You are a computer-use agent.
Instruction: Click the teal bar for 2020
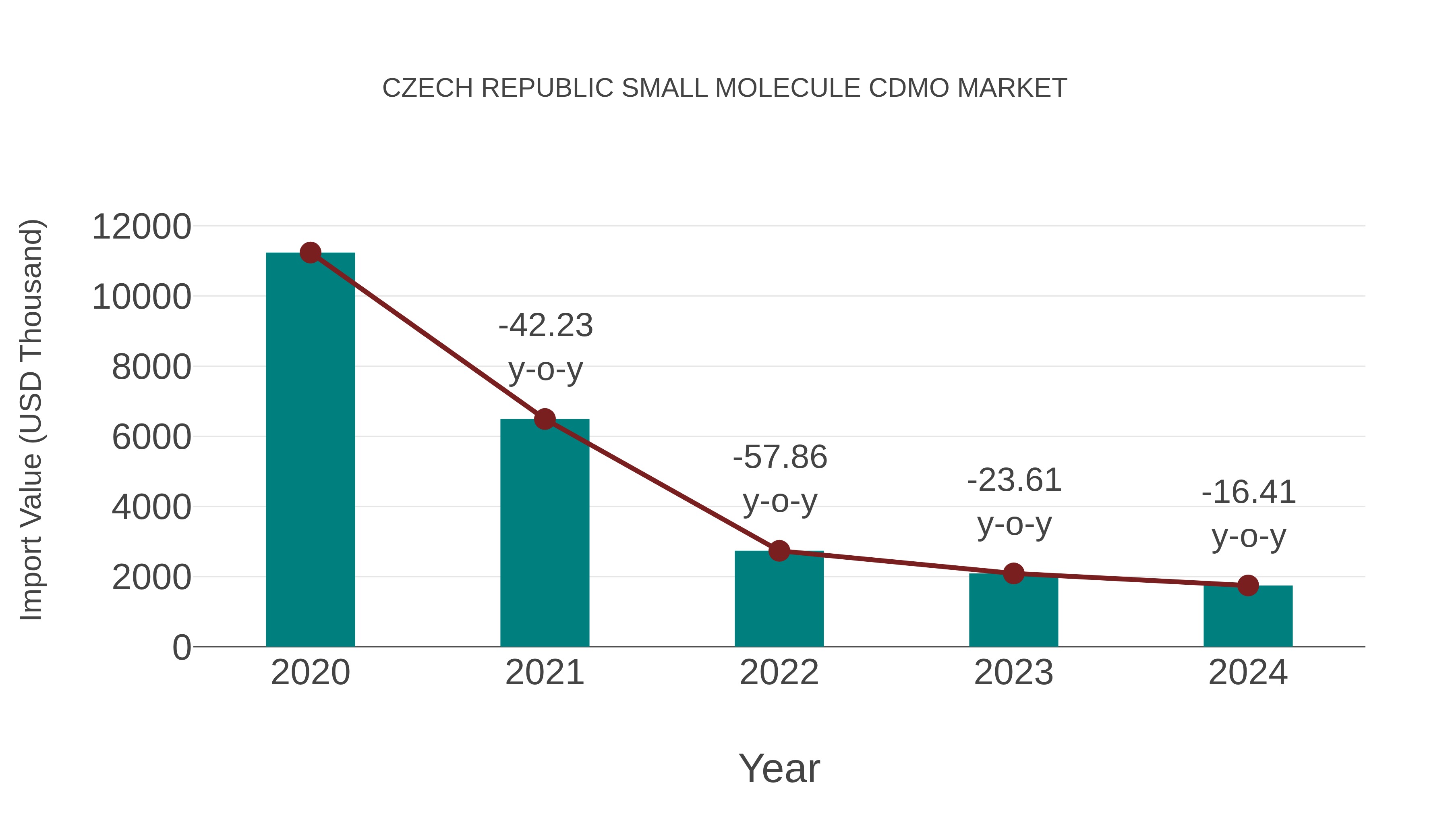pyautogui.click(x=310, y=451)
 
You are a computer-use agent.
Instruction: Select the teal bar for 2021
pyautogui.click(x=544, y=535)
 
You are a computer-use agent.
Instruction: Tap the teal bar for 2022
pyautogui.click(x=779, y=600)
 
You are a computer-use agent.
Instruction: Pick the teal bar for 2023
pyautogui.click(x=1013, y=611)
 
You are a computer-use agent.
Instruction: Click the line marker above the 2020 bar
pyautogui.click(x=310, y=253)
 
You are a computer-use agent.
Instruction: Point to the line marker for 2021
pyautogui.click(x=544, y=419)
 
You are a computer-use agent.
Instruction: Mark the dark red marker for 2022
pyautogui.click(x=779, y=551)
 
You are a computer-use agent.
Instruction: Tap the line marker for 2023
pyautogui.click(x=1013, y=574)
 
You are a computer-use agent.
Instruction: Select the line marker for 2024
pyautogui.click(x=1248, y=586)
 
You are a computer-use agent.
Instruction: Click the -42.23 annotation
pyautogui.click(x=545, y=326)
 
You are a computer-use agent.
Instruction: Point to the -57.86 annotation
pyautogui.click(x=780, y=457)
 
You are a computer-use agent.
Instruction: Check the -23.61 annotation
pyautogui.click(x=1014, y=480)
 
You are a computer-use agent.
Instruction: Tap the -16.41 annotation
pyautogui.click(x=1249, y=492)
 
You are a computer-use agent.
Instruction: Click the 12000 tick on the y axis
pyautogui.click(x=141, y=227)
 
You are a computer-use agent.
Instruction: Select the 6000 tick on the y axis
pyautogui.click(x=151, y=437)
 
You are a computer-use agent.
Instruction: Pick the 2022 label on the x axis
pyautogui.click(x=779, y=673)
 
